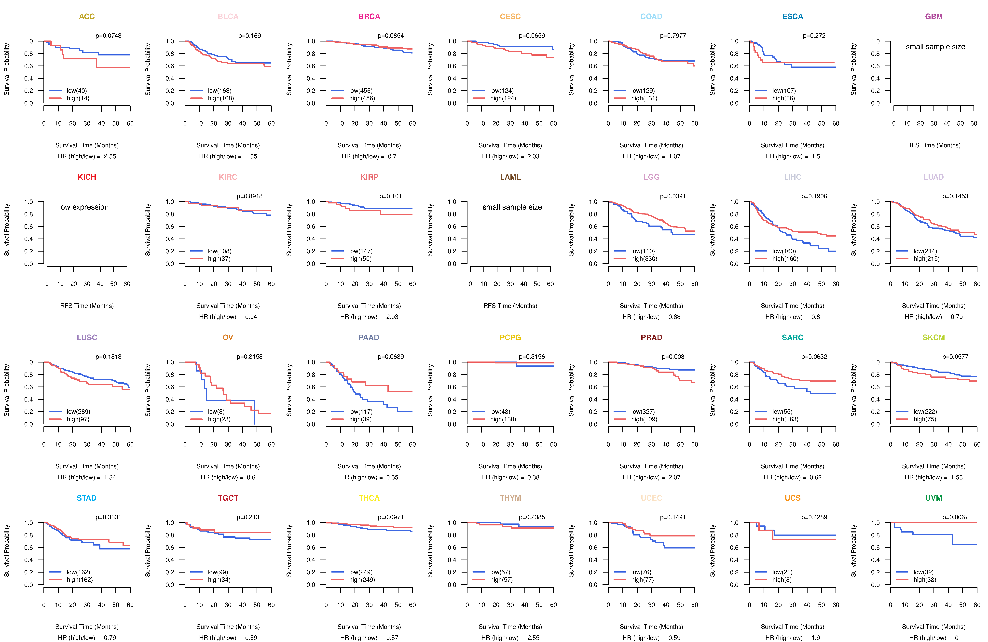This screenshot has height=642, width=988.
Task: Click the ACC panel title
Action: click(x=87, y=17)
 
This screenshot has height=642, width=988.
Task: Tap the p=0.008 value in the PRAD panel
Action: click(x=673, y=357)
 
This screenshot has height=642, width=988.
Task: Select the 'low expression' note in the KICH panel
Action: click(x=84, y=207)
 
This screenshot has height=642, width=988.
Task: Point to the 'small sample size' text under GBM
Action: click(x=935, y=46)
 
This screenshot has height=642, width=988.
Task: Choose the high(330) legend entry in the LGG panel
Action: click(x=644, y=259)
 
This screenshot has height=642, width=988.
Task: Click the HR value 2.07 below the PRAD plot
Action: click(x=674, y=477)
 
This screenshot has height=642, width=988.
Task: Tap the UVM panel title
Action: click(x=934, y=498)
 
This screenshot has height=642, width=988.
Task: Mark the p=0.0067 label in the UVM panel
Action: click(x=955, y=517)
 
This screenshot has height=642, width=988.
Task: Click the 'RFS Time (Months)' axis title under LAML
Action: click(x=510, y=306)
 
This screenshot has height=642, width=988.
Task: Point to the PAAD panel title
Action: click(x=369, y=337)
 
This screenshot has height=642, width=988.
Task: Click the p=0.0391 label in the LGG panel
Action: click(x=673, y=196)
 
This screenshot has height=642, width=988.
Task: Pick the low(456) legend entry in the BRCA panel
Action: click(x=361, y=91)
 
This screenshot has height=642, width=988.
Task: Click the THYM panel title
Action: click(x=510, y=498)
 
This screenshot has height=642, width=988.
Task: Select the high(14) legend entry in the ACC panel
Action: click(x=78, y=98)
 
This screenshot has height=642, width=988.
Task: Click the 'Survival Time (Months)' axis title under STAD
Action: click(x=87, y=627)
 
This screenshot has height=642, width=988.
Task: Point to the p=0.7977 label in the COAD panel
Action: click(x=673, y=36)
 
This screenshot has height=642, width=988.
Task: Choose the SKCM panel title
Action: click(x=934, y=337)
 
